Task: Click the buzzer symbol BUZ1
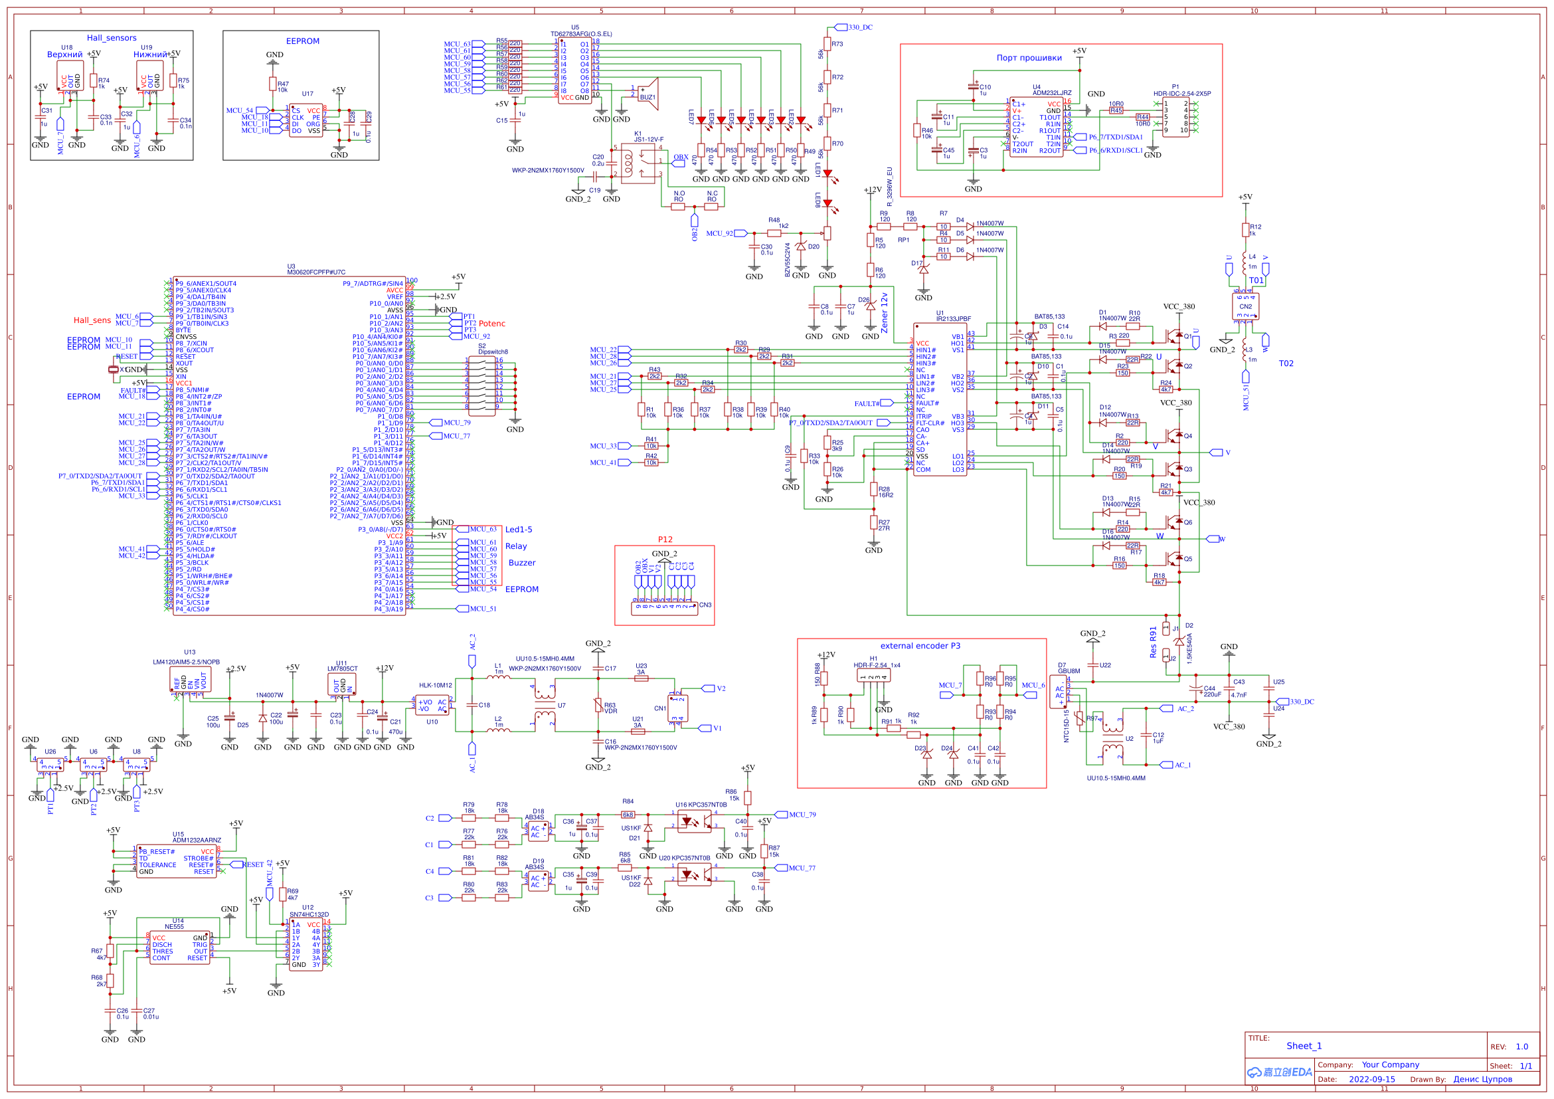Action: coord(648,92)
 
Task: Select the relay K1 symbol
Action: coord(638,163)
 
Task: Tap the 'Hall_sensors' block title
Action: coord(112,38)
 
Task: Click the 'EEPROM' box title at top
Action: coord(303,41)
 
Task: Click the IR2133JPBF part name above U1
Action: coord(953,318)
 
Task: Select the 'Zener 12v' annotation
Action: coord(884,313)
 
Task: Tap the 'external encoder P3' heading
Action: coord(920,646)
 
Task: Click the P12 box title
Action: coord(665,540)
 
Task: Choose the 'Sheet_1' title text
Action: coord(1304,1047)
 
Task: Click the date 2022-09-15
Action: coord(1371,1079)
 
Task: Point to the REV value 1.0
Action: coord(1521,1047)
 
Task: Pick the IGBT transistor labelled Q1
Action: coord(1172,336)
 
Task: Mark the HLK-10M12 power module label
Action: coord(434,686)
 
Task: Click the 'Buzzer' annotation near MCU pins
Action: coord(522,563)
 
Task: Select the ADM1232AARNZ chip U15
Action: coord(176,861)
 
